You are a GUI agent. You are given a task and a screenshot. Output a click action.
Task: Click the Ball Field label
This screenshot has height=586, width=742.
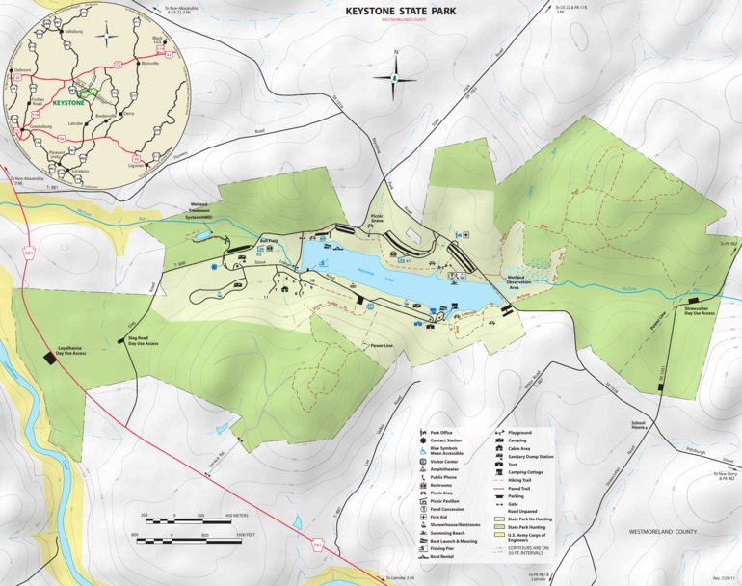269,239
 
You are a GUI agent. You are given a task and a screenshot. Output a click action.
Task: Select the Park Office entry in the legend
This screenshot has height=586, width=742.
444,435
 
